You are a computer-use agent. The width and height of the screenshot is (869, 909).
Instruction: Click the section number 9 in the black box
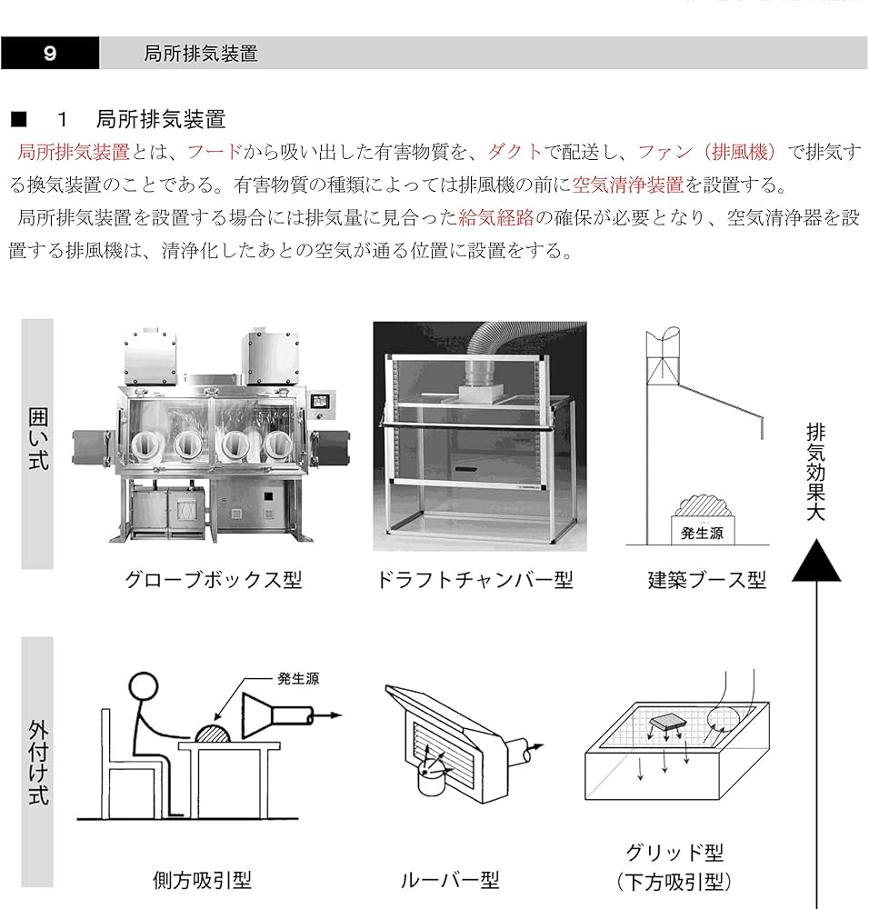pos(50,54)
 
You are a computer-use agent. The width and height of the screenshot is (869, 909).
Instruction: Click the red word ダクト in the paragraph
pos(514,152)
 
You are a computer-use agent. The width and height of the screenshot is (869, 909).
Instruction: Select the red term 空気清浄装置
pos(627,185)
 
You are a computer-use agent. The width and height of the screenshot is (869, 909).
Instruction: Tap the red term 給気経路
pos(495,218)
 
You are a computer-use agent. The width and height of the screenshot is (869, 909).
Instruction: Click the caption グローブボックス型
pos(213,580)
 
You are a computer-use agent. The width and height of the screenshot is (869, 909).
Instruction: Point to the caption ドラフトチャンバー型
pos(474,580)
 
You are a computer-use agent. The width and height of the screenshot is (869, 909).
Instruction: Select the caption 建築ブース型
pos(706,580)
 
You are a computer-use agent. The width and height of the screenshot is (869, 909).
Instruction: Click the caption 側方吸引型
pos(201,880)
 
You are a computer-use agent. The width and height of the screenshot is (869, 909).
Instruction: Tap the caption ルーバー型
pos(450,880)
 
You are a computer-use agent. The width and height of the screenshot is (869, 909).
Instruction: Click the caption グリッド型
pos(674,853)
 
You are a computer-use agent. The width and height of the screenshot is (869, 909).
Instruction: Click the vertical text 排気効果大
pos(815,473)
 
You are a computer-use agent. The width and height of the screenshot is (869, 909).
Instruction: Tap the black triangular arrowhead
pos(816,561)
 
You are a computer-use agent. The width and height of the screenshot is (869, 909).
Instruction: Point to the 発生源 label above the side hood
pos(298,678)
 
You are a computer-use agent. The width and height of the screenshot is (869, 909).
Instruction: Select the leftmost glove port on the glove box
pos(146,444)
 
